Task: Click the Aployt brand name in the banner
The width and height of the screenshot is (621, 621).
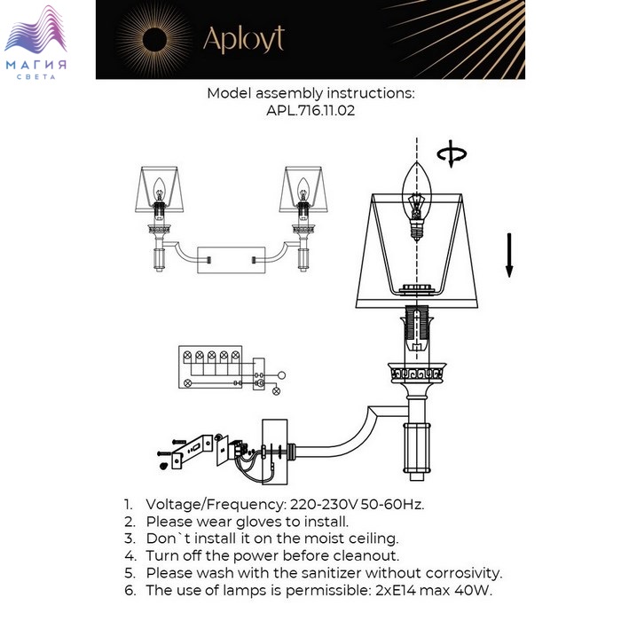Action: click(x=244, y=40)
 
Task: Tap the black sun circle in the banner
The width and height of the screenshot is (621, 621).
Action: click(x=154, y=40)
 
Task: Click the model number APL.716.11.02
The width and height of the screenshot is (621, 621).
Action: click(x=310, y=110)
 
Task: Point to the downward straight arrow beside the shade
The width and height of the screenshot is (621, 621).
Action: click(x=509, y=255)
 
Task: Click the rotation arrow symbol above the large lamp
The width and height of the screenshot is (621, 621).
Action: click(x=452, y=153)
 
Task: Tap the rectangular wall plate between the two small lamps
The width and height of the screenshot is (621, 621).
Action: click(x=232, y=260)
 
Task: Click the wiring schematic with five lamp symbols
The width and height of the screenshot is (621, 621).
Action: click(x=232, y=370)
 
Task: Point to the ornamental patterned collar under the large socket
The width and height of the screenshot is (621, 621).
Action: click(x=417, y=373)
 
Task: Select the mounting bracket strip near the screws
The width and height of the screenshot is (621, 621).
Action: click(x=193, y=452)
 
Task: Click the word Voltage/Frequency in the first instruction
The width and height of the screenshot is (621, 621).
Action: click(x=216, y=505)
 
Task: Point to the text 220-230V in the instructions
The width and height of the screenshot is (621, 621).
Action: click(x=324, y=505)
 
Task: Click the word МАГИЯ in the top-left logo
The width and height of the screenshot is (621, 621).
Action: click(x=36, y=65)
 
